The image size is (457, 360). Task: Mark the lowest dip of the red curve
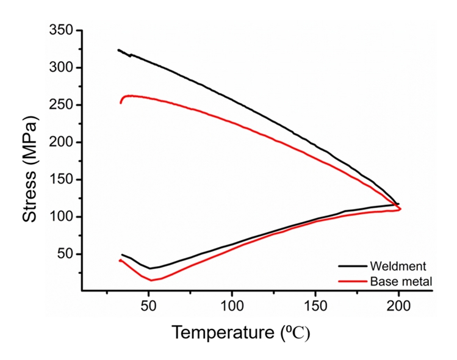tap(151, 280)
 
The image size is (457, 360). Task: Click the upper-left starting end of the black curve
tap(118, 50)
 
